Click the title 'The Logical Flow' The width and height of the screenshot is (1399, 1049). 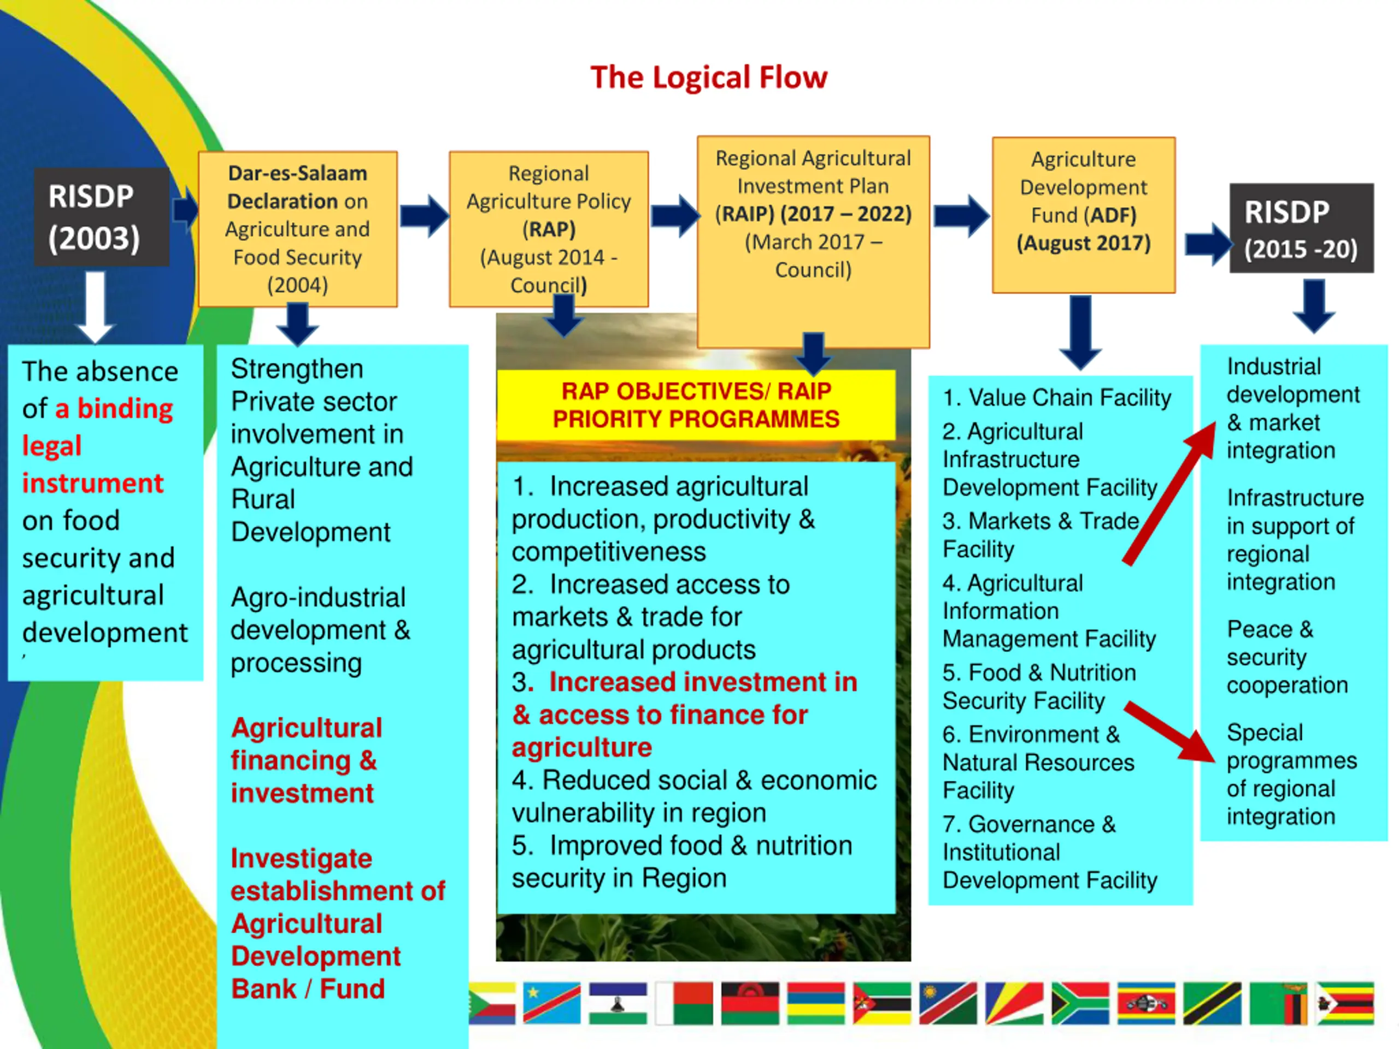point(708,78)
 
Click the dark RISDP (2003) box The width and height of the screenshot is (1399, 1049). point(101,217)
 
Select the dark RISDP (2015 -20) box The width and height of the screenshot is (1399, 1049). point(1301,228)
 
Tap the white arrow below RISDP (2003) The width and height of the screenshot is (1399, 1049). point(95,307)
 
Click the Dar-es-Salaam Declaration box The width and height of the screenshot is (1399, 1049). point(298,229)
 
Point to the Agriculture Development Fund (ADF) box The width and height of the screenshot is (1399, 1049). point(1083,215)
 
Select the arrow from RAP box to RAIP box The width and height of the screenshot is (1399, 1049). point(675,216)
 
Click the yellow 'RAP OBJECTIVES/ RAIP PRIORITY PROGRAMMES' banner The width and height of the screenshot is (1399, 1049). point(696,405)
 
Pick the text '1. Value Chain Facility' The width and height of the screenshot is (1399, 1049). point(1057,398)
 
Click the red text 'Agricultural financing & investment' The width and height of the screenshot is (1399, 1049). point(307,760)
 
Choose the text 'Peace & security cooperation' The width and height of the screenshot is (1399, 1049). point(1287,657)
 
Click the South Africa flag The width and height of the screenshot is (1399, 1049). point(1080,1003)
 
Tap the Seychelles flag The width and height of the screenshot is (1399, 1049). point(1014,1003)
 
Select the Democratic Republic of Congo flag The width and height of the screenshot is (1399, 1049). point(551,1003)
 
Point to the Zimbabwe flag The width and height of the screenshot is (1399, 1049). point(1345,1003)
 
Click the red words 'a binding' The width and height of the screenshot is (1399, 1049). point(114,409)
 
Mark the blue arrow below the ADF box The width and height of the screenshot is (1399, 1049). point(1080,333)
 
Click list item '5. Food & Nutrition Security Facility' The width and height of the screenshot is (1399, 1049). point(1039,687)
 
